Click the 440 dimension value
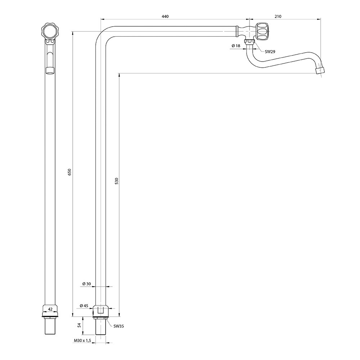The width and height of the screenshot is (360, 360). [x=165, y=16]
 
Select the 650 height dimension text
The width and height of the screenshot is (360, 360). [x=70, y=172]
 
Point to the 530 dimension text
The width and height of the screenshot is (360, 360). [x=116, y=181]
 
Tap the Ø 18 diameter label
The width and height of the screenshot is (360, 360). [x=236, y=46]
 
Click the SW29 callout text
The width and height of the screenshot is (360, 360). [x=270, y=51]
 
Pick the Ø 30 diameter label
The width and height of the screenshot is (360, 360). [x=86, y=284]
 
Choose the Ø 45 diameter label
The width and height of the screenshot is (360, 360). [x=84, y=306]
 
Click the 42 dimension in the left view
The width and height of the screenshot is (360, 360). [x=50, y=309]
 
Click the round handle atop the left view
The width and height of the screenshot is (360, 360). [x=50, y=31]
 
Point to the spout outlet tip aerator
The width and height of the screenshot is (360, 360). [x=320, y=70]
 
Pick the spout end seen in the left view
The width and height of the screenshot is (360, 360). [x=50, y=70]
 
